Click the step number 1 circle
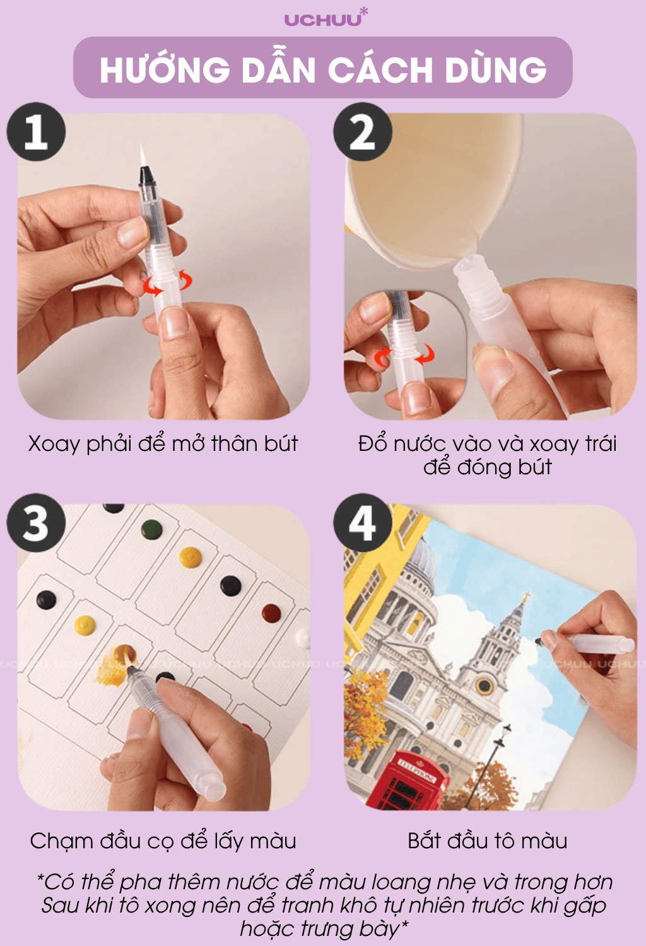click(37, 132)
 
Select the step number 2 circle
click(363, 132)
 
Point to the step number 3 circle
click(37, 523)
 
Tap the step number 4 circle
click(363, 523)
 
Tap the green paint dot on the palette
click(151, 530)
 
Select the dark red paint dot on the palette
click(271, 613)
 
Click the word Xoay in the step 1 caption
click(54, 445)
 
